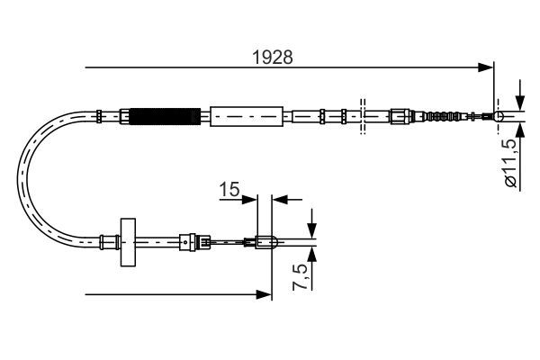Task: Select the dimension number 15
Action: tap(229, 189)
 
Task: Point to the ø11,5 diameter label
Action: tap(509, 162)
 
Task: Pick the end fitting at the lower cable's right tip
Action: tap(265, 240)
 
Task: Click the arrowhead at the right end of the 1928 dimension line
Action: tap(488, 67)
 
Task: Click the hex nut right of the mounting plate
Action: tap(187, 240)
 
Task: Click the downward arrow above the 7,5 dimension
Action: tap(311, 225)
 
